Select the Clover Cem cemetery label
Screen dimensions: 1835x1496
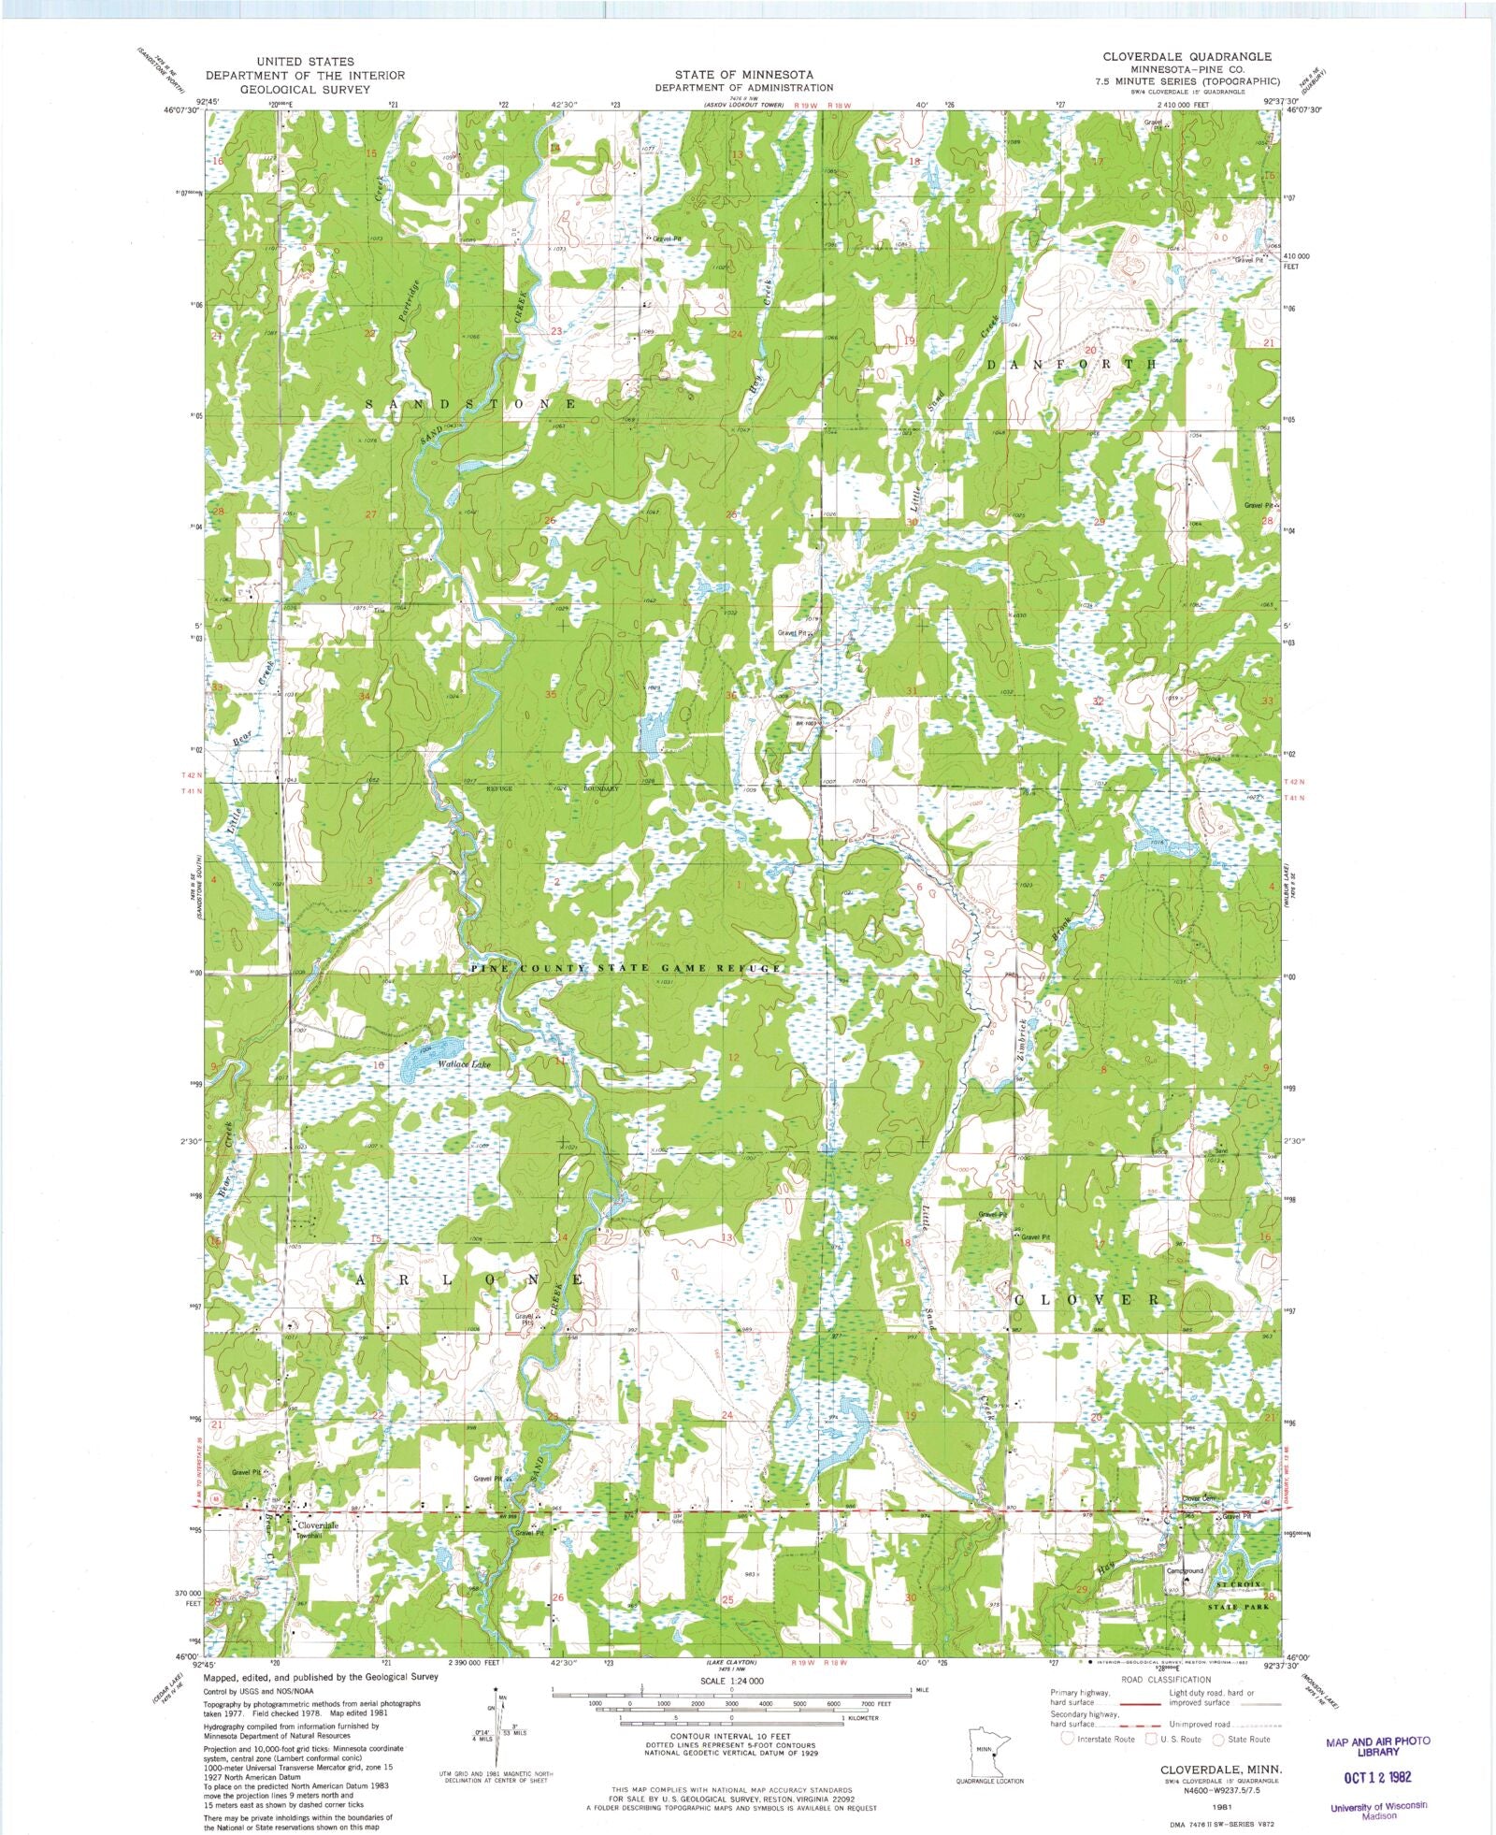click(x=1201, y=1498)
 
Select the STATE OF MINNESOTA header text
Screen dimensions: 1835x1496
click(x=746, y=74)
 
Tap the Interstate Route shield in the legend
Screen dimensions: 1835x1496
click(x=1067, y=1739)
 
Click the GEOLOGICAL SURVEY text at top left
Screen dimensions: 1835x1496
click(x=305, y=89)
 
